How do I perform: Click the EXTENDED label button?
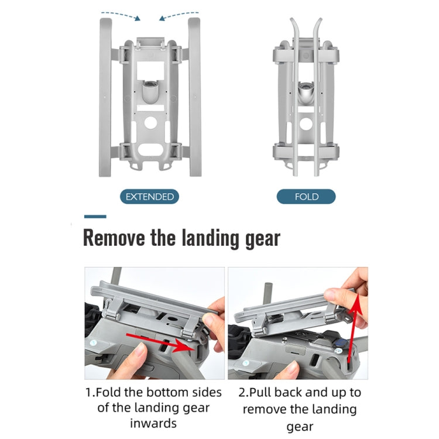[149, 197]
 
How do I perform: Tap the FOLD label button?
[306, 197]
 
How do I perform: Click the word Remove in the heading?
[114, 238]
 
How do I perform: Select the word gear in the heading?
[263, 239]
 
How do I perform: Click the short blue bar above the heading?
[95, 217]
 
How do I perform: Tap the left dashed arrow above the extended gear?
[121, 16]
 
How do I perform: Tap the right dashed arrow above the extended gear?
[179, 16]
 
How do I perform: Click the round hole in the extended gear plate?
[150, 123]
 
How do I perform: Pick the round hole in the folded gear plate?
[306, 124]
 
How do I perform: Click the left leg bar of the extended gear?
[105, 97]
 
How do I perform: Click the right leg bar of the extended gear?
[194, 97]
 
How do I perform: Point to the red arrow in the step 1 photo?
[160, 342]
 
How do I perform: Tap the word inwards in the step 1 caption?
[153, 423]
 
